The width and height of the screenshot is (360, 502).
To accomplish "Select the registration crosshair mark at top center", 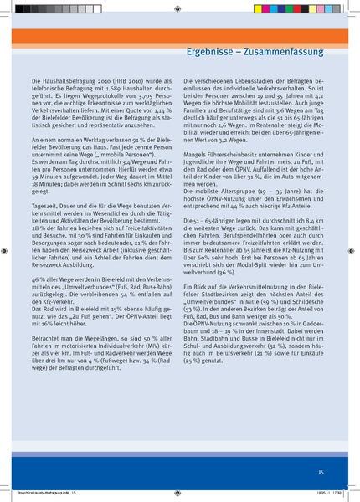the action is click(x=180, y=8).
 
